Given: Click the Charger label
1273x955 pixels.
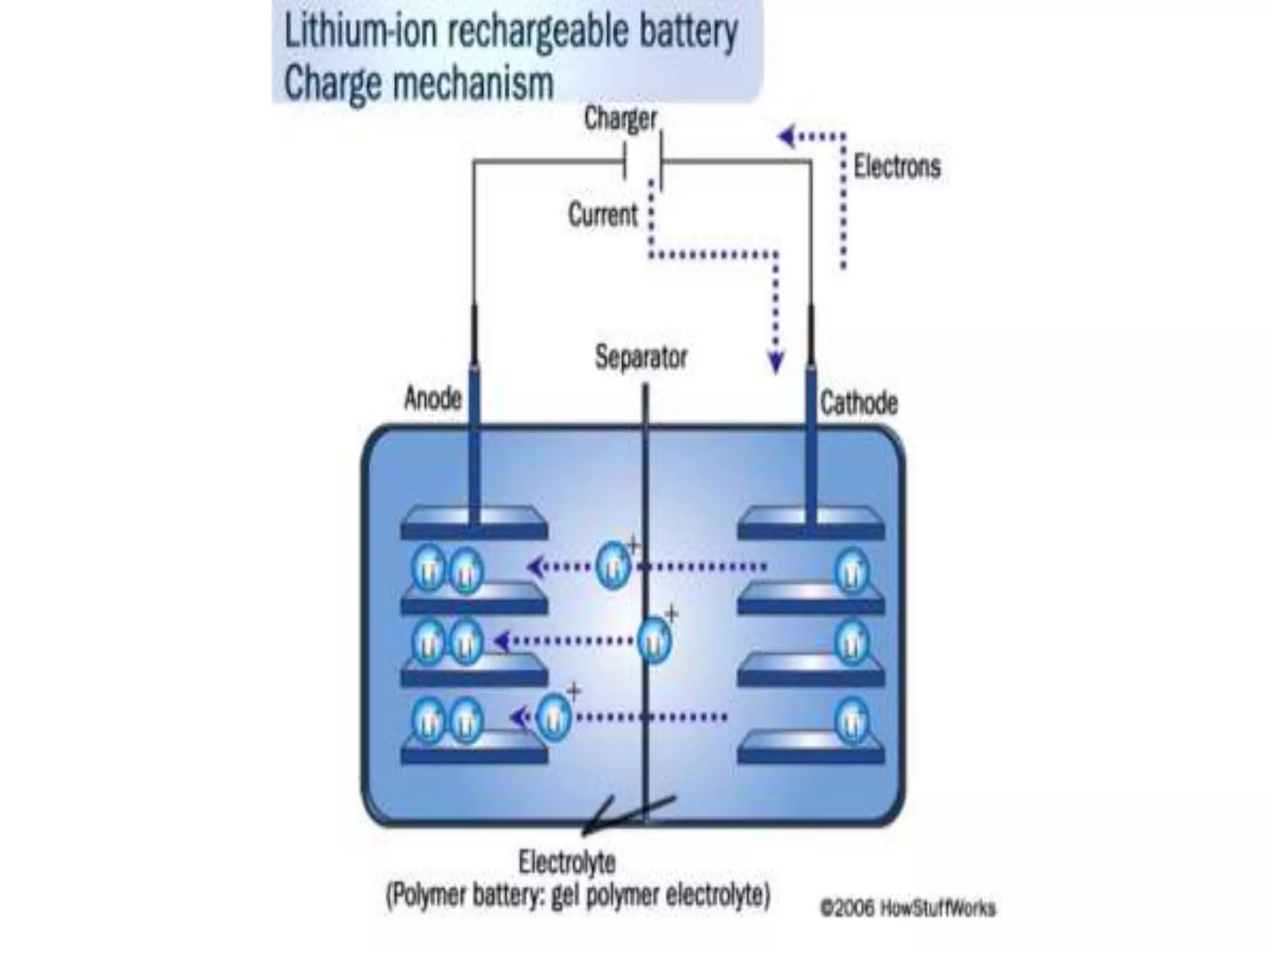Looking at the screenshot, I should tap(620, 119).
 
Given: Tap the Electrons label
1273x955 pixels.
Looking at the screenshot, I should tap(896, 167).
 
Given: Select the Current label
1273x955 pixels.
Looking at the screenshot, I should tap(602, 215).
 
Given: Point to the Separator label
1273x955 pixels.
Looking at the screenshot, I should tap(641, 358).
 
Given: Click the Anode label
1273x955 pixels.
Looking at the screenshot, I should tap(433, 399).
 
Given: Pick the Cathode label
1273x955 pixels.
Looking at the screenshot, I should tap(858, 403).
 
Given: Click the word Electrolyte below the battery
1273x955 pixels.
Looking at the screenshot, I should tap(567, 862).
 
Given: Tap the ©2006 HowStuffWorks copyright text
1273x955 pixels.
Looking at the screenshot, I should tap(908, 908).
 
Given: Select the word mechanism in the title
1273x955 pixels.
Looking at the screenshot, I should tap(472, 83).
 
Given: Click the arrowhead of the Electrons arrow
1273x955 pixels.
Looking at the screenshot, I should tap(787, 136).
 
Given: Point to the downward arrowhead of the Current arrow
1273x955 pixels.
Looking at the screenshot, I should tap(775, 362).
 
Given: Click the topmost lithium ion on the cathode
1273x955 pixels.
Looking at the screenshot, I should tap(851, 570).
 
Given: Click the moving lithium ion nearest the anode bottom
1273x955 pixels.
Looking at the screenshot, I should tap(553, 717).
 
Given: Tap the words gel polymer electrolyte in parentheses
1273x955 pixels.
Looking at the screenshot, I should tap(659, 896).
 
